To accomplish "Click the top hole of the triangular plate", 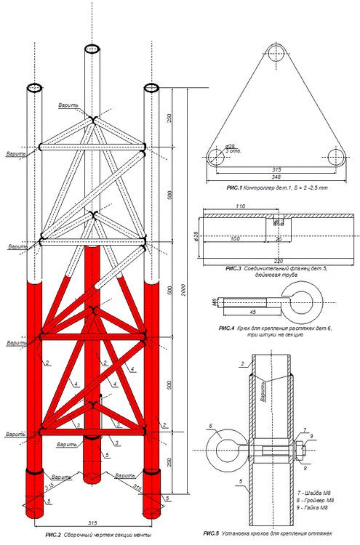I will pyautogui.click(x=276, y=52).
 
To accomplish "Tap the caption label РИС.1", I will pyautogui.click(x=236, y=188).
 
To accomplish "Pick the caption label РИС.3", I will pyautogui.click(x=236, y=269).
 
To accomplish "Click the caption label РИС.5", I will pyautogui.click(x=211, y=535).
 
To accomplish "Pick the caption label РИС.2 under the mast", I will pyautogui.click(x=54, y=535).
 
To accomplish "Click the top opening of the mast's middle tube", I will pyautogui.click(x=92, y=49).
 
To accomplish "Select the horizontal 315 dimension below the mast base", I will pyautogui.click(x=92, y=523).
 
